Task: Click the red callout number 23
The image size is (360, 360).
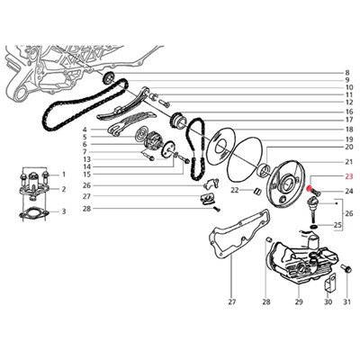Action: pos(349,176)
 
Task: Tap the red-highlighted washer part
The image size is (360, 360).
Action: pos(308,189)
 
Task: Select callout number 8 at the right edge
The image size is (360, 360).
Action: pos(347,73)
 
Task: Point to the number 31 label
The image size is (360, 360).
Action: pos(346,302)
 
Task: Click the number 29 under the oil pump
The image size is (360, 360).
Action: pos(299,302)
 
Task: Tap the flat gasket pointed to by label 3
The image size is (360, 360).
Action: pos(33,214)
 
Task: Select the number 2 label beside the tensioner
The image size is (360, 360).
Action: pos(64,189)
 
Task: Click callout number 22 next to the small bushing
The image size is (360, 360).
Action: pos(235,190)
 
